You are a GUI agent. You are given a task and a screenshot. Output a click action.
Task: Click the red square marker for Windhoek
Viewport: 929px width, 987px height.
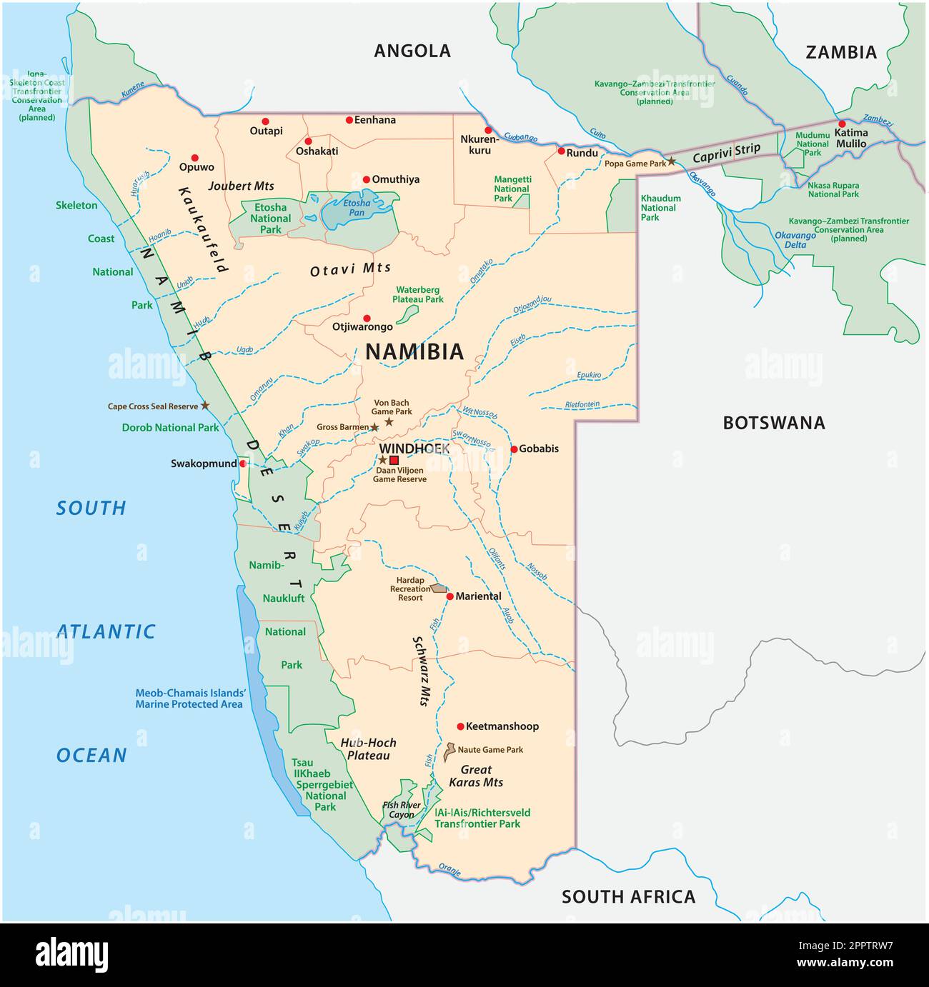point(394,460)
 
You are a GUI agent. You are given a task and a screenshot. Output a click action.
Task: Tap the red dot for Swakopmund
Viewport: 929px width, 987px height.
point(243,464)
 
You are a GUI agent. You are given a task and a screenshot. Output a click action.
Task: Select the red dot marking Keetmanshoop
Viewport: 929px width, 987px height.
point(460,726)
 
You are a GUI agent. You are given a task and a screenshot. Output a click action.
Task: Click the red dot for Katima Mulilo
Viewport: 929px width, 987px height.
point(842,124)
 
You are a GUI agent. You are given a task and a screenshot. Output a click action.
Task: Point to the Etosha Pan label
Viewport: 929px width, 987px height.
point(357,208)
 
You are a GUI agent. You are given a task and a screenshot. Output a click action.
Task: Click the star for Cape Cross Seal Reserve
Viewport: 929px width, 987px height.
point(206,405)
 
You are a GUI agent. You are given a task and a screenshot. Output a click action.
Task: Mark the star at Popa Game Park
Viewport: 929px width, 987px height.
point(671,162)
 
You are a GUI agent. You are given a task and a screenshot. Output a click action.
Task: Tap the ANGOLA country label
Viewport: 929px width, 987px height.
point(412,51)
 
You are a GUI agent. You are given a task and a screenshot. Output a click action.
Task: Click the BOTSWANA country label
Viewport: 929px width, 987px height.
point(774,423)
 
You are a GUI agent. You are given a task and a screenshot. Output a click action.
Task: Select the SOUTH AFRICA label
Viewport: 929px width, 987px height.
point(628,896)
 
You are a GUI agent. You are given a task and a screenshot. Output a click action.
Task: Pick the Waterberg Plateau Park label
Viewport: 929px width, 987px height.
point(418,294)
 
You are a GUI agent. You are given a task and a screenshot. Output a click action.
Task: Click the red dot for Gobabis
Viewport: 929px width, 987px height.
point(514,449)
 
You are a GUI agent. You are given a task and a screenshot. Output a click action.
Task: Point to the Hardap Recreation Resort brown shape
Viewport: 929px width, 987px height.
point(439,588)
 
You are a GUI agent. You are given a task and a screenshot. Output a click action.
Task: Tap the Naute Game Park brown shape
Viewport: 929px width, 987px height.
point(449,751)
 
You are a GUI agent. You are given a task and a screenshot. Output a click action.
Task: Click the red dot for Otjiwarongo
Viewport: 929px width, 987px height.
point(367,318)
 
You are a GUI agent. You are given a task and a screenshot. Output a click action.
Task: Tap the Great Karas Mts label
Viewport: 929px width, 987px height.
point(476,776)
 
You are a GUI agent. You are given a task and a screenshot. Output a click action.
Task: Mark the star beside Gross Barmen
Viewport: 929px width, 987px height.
point(374,427)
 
